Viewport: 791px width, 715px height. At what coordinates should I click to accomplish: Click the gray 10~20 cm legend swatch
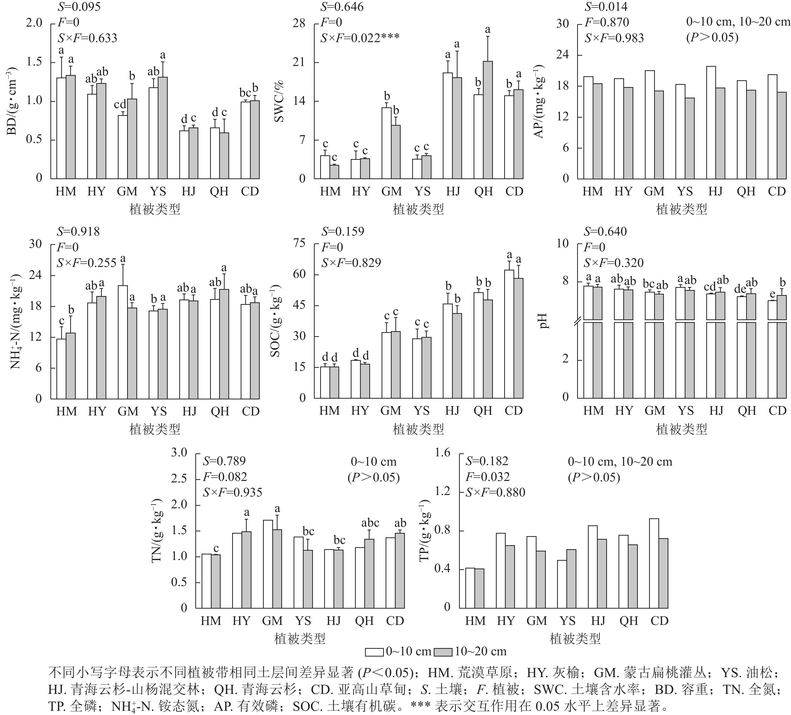443,652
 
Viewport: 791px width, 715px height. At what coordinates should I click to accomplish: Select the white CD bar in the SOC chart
509,334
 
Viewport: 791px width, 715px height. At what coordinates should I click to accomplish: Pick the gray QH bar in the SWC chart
488,120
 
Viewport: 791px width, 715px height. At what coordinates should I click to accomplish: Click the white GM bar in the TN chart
268,564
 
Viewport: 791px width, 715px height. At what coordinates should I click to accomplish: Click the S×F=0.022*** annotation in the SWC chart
360,38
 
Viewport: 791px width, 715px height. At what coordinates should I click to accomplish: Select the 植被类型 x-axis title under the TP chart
575,639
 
